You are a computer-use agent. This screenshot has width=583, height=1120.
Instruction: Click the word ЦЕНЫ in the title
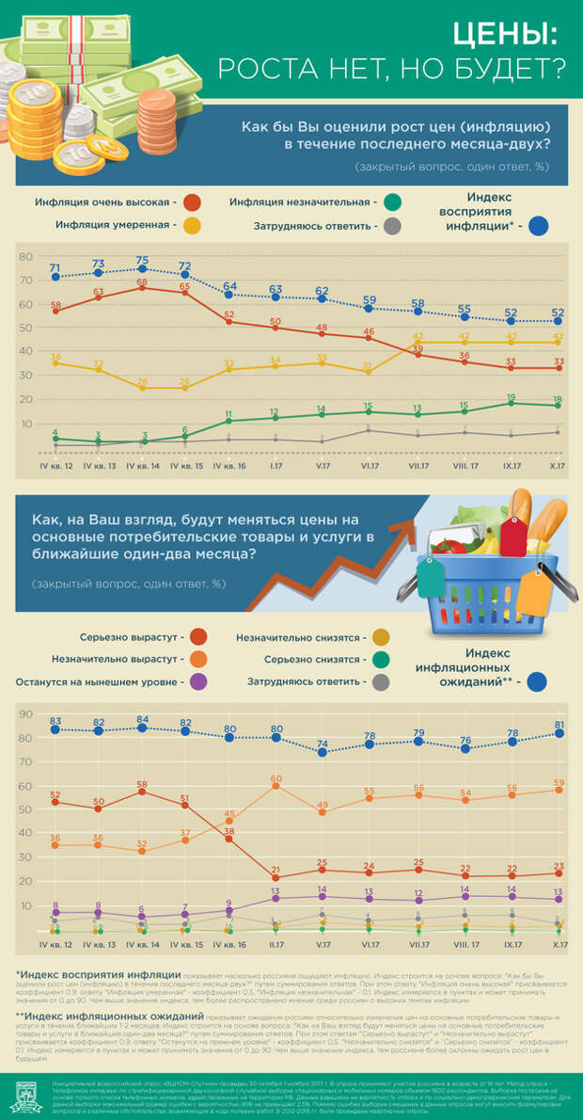(505, 35)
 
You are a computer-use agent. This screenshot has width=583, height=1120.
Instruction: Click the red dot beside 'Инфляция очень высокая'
(193, 202)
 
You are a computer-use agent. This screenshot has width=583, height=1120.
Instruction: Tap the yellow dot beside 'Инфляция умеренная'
(193, 226)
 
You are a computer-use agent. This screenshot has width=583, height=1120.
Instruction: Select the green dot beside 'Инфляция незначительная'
(393, 202)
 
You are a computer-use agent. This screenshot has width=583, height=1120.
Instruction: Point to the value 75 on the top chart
(142, 260)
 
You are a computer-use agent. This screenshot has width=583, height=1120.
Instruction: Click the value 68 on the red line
(142, 281)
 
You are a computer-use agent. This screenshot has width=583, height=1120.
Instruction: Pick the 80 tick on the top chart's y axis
(25, 256)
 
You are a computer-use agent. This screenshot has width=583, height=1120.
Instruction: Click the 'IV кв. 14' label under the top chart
(141, 464)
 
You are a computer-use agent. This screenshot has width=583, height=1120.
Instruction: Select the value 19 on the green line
(512, 397)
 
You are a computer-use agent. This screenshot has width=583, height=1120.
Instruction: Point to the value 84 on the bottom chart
(142, 719)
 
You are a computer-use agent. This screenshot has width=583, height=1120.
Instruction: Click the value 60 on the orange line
(276, 778)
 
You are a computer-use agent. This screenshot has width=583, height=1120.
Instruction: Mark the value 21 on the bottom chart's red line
(276, 870)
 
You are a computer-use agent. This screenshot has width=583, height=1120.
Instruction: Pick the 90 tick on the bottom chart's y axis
(25, 714)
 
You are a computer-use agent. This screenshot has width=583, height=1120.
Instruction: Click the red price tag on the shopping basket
(512, 534)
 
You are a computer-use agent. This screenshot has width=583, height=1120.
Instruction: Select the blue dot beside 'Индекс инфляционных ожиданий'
(539, 682)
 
